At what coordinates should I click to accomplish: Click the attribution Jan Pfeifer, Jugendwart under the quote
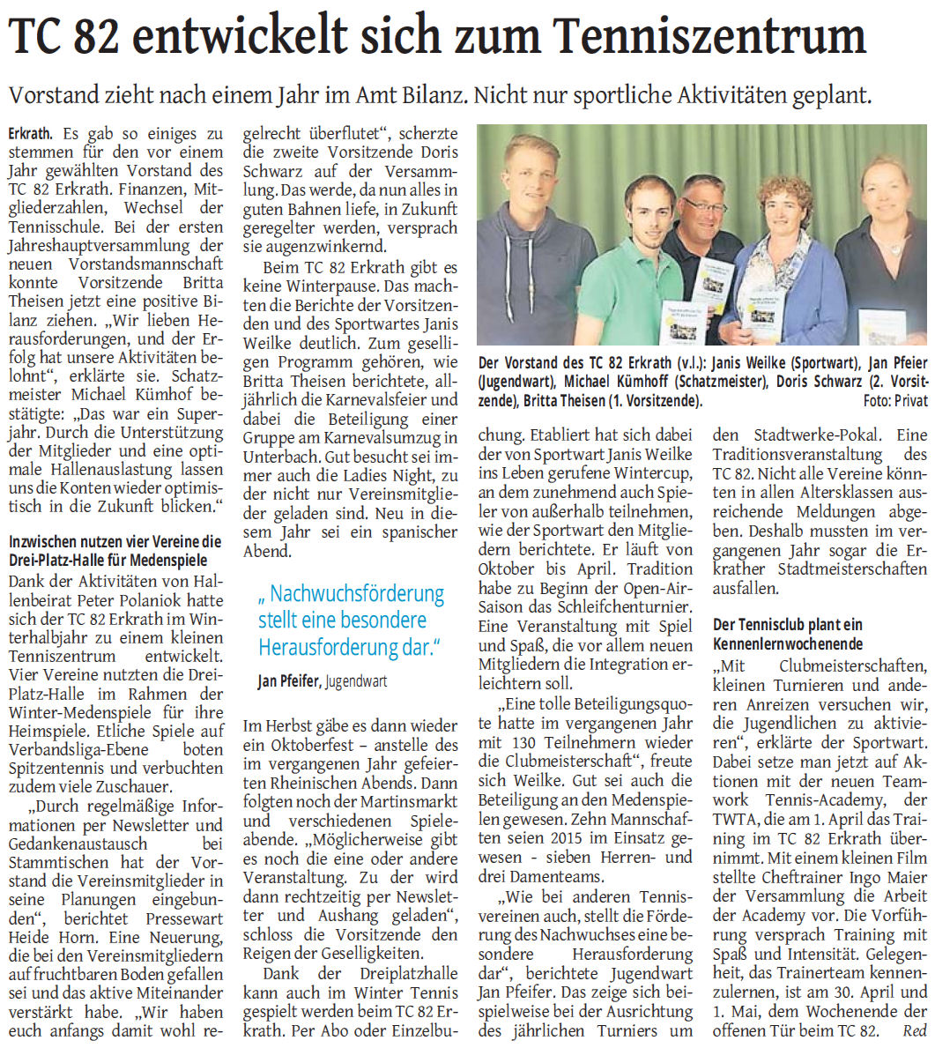(x=322, y=680)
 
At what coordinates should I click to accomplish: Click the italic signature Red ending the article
(x=916, y=1029)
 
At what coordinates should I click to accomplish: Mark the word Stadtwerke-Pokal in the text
(x=820, y=435)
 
